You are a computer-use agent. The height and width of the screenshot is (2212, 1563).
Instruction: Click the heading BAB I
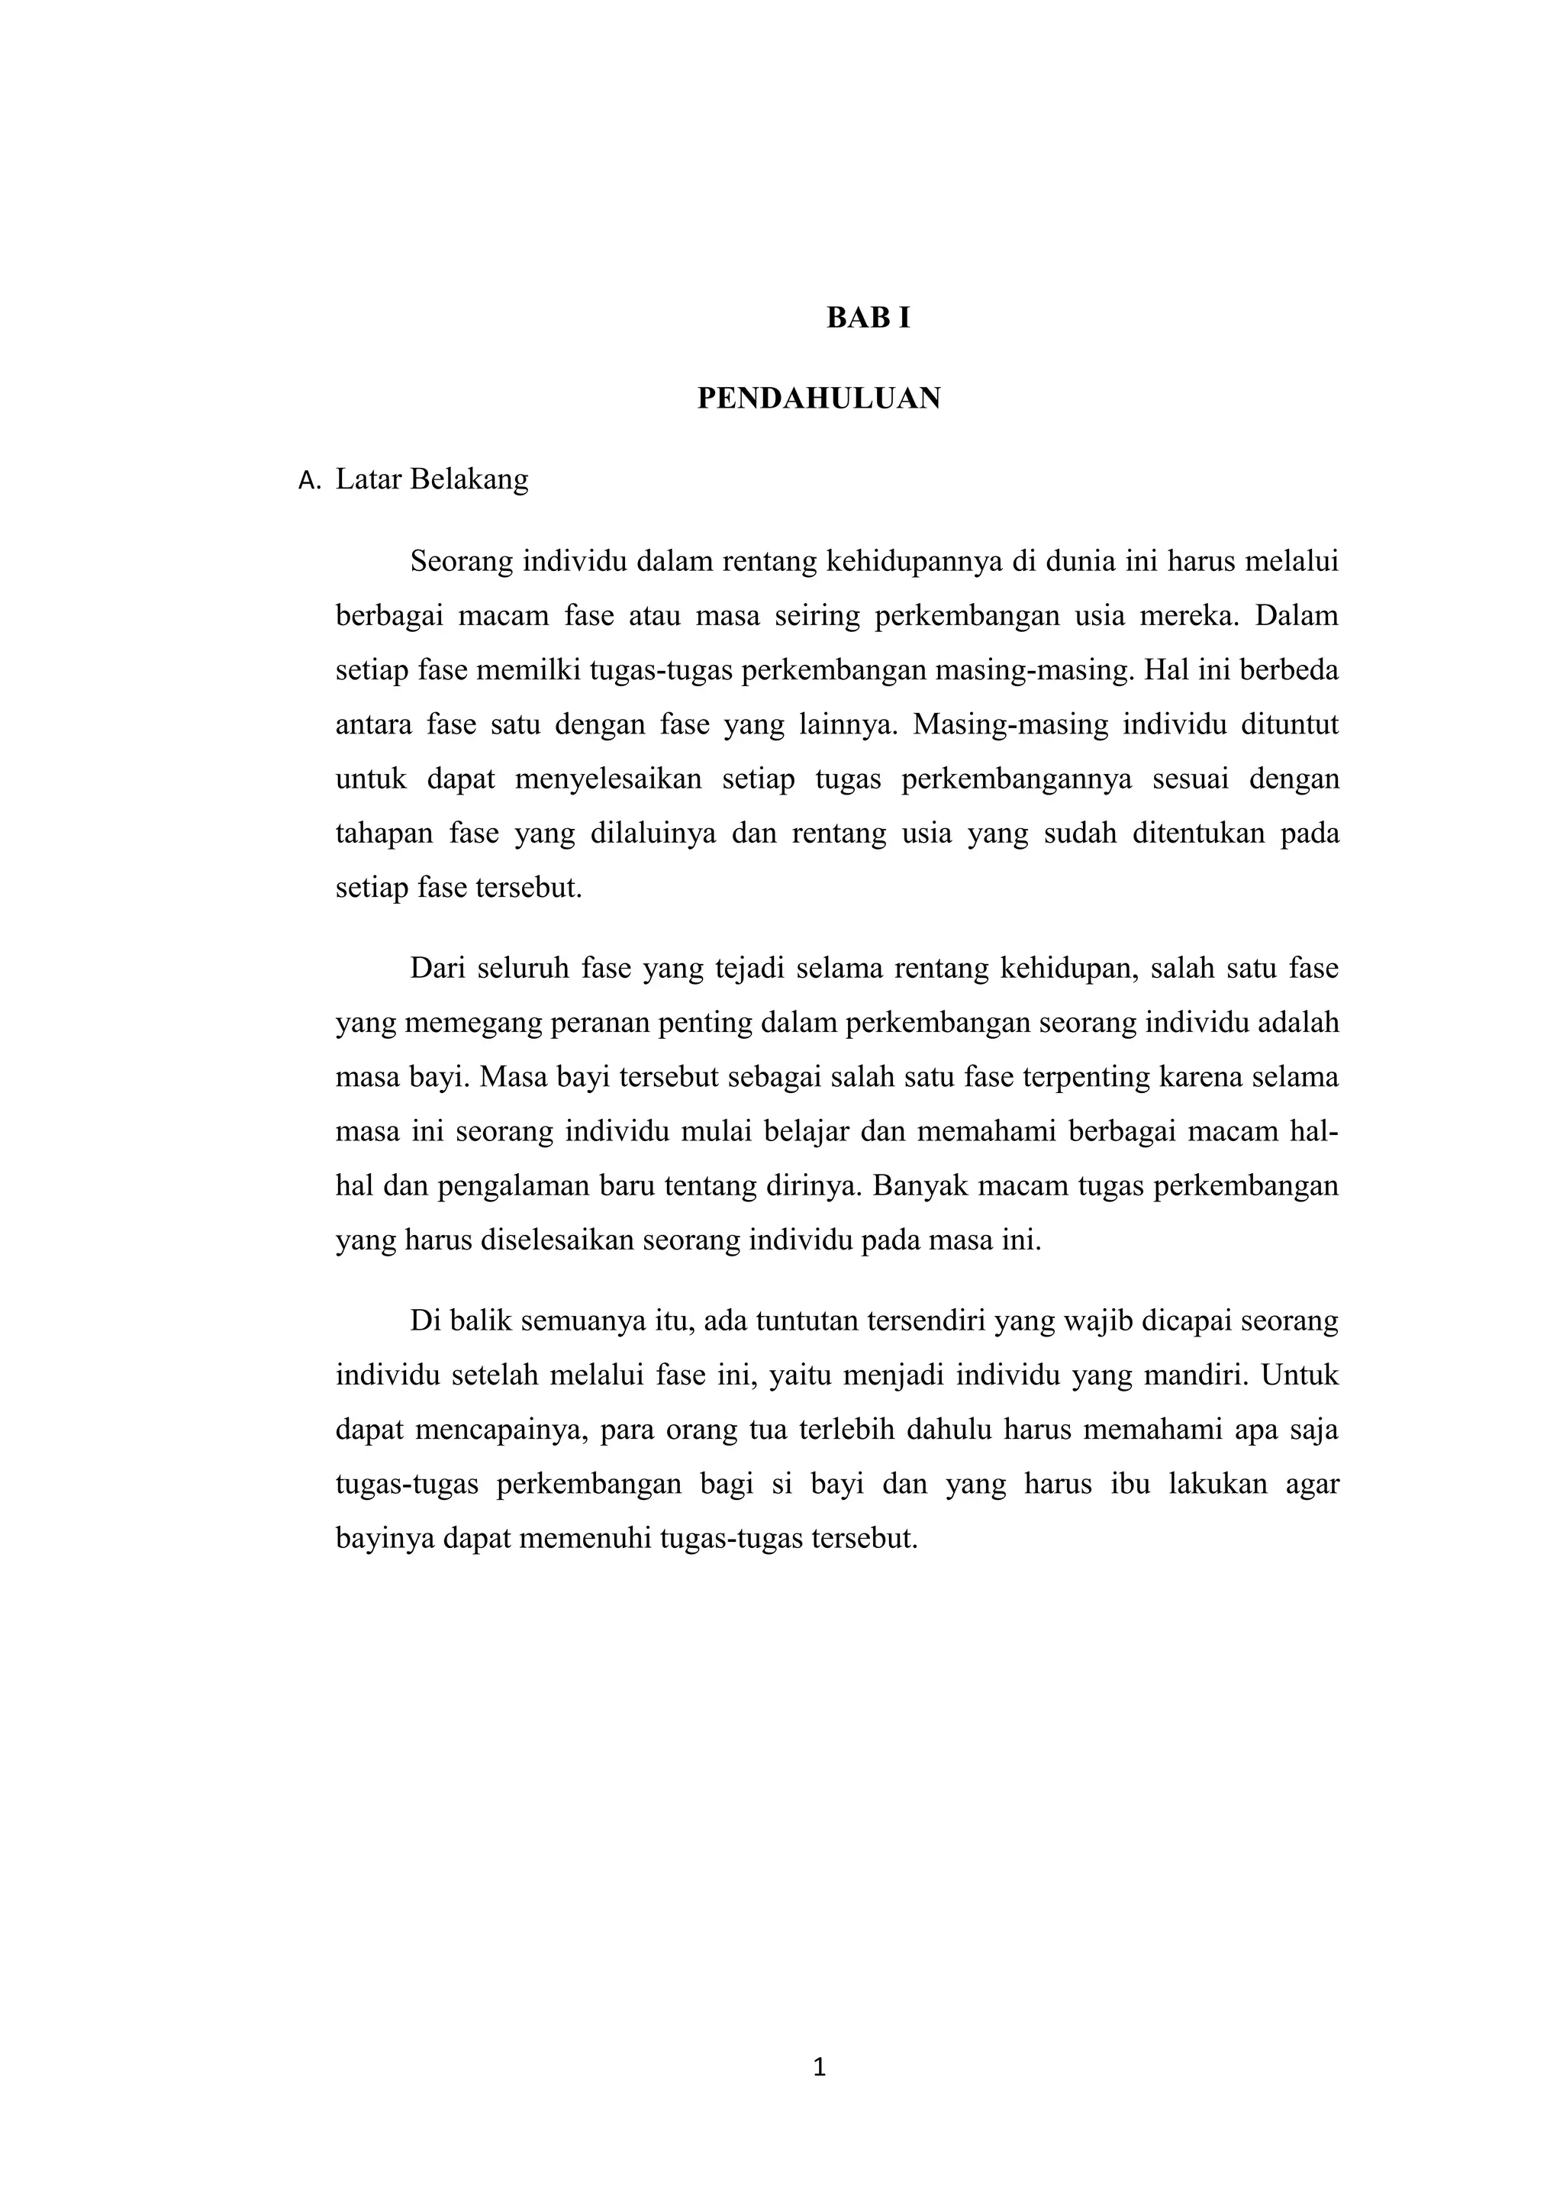[x=868, y=318]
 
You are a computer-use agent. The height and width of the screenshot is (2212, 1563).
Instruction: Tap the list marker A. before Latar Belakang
[x=310, y=481]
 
